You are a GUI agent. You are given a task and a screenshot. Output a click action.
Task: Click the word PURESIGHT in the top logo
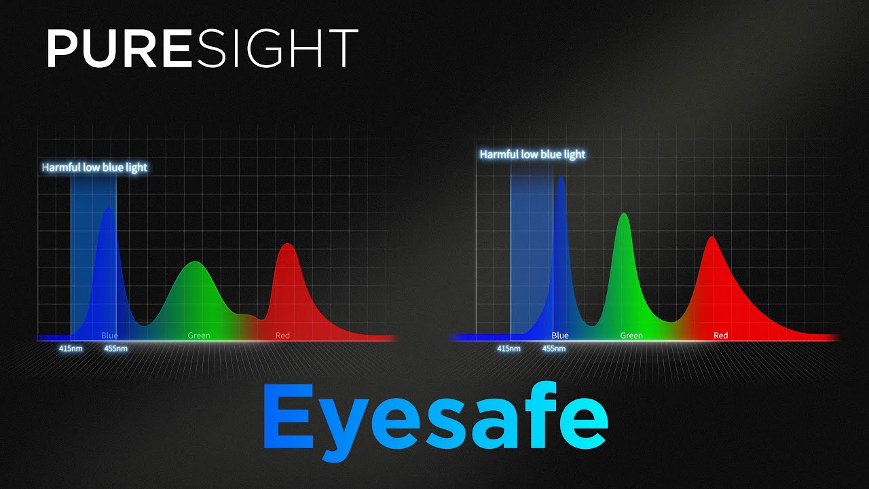(x=202, y=48)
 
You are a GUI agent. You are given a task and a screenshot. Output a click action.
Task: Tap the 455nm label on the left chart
(x=115, y=349)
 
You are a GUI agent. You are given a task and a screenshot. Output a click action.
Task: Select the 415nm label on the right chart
(x=509, y=349)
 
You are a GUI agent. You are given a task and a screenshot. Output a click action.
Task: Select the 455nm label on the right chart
(x=554, y=349)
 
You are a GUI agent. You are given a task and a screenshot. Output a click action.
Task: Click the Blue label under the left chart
(x=109, y=336)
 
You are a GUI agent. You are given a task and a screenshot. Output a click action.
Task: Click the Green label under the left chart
(x=199, y=336)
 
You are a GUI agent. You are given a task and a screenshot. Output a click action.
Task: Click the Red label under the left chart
(x=282, y=336)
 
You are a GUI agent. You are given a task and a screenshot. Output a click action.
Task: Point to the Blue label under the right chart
(x=560, y=336)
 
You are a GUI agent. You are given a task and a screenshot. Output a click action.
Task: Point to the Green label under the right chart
(x=631, y=336)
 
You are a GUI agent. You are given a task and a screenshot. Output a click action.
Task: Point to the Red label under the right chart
(x=721, y=336)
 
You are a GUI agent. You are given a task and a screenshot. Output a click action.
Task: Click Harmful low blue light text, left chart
(x=94, y=167)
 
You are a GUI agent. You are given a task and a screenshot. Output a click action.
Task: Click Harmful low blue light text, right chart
(x=532, y=155)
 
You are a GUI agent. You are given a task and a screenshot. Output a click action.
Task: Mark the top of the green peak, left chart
(x=196, y=262)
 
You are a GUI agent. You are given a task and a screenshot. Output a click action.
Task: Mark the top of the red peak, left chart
(x=286, y=244)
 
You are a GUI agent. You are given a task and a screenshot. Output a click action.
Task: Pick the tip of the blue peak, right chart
(x=561, y=177)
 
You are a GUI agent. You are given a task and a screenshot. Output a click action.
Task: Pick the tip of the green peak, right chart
(x=623, y=215)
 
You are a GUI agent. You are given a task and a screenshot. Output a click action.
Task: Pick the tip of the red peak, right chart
(x=711, y=237)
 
